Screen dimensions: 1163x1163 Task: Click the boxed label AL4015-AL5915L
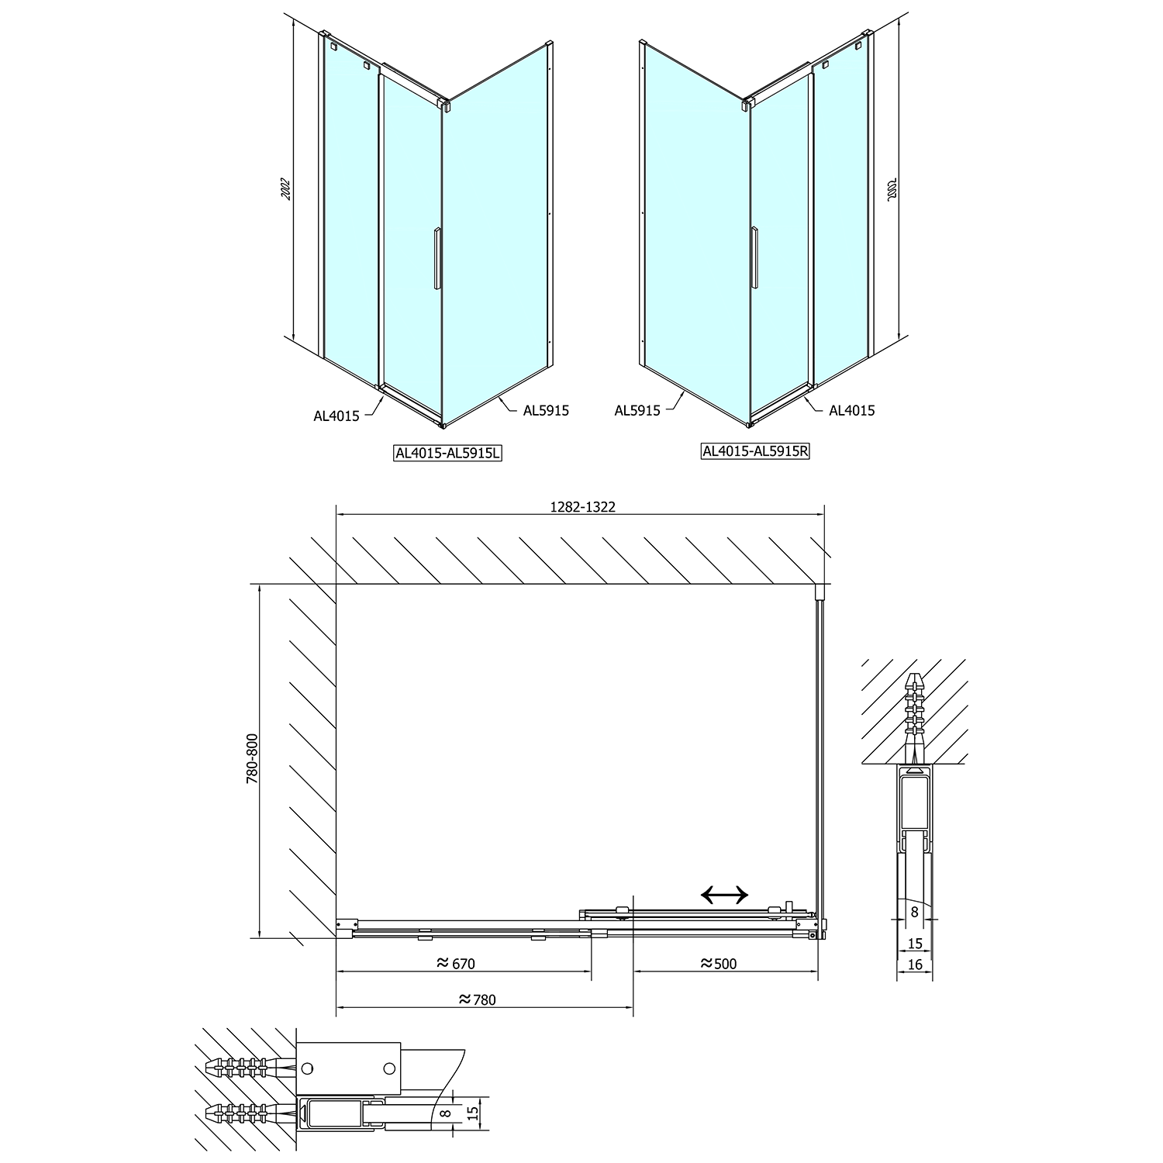point(447,453)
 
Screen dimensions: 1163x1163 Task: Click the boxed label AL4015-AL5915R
point(755,450)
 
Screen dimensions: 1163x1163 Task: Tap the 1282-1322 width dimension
point(582,506)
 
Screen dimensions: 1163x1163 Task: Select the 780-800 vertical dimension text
point(252,758)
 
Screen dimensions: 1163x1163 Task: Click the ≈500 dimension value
point(718,964)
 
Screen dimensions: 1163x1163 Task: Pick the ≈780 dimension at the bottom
point(477,1000)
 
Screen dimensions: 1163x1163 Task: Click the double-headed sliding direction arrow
point(724,896)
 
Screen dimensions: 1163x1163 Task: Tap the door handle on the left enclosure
point(437,258)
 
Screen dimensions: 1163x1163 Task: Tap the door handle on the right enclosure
point(754,258)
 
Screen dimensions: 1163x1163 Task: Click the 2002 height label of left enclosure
point(285,189)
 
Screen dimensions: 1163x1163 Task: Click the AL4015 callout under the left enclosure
point(336,416)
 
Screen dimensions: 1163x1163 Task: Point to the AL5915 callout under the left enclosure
point(546,411)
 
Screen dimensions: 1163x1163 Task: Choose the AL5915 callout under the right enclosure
point(637,411)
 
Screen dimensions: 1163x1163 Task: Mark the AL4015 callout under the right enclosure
point(852,411)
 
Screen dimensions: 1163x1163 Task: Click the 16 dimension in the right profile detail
point(915,965)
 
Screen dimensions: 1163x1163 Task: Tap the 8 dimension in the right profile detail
point(915,913)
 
